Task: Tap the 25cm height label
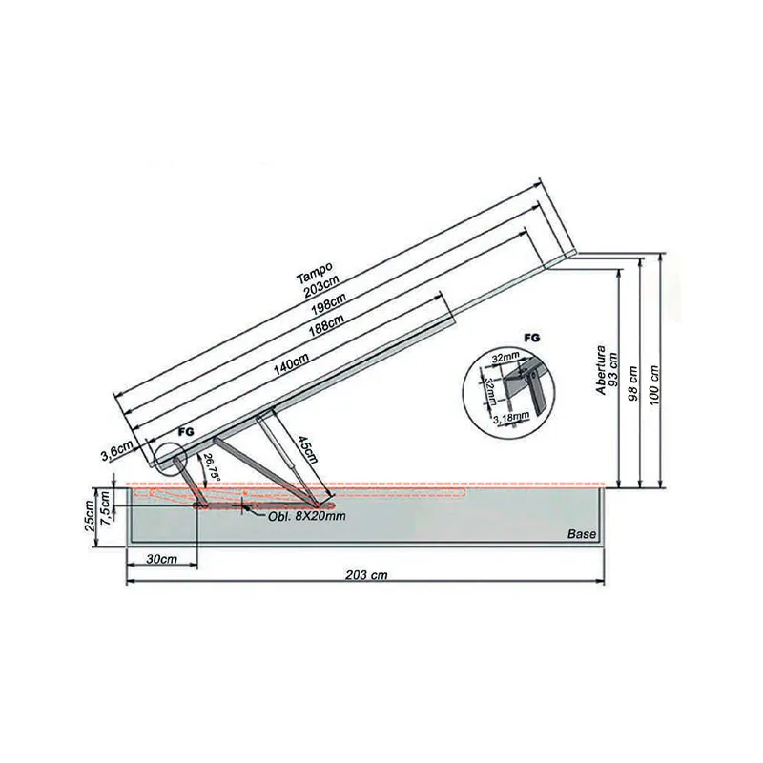coord(90,516)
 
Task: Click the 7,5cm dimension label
coord(110,516)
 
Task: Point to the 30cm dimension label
coord(160,560)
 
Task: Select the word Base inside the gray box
coord(581,534)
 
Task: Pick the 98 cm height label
coord(633,372)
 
